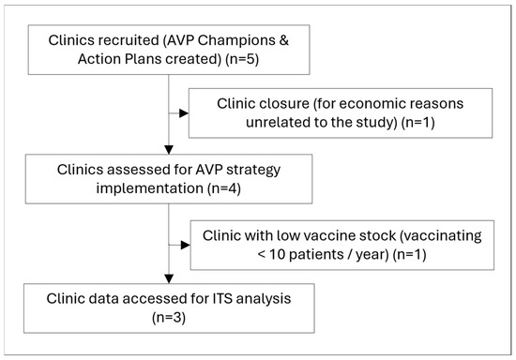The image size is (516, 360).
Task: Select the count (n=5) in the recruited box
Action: coord(242,59)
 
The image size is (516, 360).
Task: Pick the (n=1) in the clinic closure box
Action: coord(417,123)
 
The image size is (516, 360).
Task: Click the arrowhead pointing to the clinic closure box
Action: coord(184,113)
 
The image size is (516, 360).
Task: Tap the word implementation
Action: coord(149,189)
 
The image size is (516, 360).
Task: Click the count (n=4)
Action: coord(224,189)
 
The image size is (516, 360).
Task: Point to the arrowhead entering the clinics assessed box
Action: coord(169,150)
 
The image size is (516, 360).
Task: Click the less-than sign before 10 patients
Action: coord(262,255)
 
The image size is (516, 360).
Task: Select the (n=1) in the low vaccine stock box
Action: coord(409,255)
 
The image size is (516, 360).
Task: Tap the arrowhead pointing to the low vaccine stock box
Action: coord(185,245)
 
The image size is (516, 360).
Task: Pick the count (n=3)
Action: coord(169,318)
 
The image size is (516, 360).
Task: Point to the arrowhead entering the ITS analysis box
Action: coord(169,279)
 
